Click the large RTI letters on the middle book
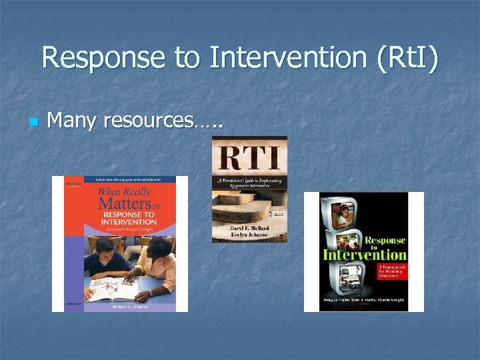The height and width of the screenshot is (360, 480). pos(249,159)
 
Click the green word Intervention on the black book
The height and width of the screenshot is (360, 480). pos(365,255)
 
